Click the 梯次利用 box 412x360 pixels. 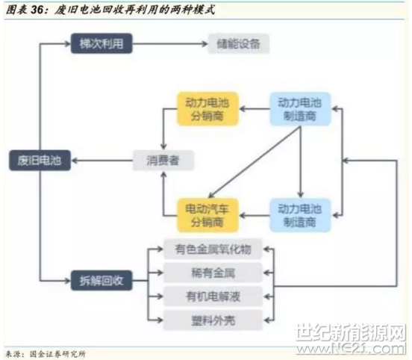pyautogui.click(x=102, y=43)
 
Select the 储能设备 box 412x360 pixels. pyautogui.click(x=239, y=43)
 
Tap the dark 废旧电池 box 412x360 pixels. pyautogui.click(x=40, y=161)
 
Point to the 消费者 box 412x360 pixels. pyautogui.click(x=163, y=161)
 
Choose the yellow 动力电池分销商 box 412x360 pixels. pyautogui.click(x=207, y=109)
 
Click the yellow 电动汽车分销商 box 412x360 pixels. pyautogui.click(x=207, y=215)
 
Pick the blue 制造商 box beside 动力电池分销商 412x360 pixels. pyautogui.click(x=300, y=109)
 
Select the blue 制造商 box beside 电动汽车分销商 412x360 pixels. pyautogui.click(x=300, y=215)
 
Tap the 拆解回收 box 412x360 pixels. pyautogui.click(x=102, y=281)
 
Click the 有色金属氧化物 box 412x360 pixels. pyautogui.click(x=213, y=249)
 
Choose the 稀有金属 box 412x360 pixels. pyautogui.click(x=213, y=273)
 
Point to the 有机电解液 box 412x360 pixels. pyautogui.click(x=213, y=297)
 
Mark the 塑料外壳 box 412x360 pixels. pyautogui.click(x=213, y=320)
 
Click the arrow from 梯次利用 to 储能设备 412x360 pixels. pyautogui.click(x=170, y=43)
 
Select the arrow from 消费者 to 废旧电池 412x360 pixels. pyautogui.click(x=102, y=161)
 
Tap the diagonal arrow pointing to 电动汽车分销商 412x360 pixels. pyautogui.click(x=255, y=162)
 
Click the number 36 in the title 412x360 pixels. pyautogui.click(x=37, y=10)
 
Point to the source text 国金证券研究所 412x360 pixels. pyautogui.click(x=57, y=354)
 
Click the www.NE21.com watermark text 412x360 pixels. pyautogui.click(x=352, y=349)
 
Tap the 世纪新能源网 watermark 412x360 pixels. pyautogui.click(x=351, y=332)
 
